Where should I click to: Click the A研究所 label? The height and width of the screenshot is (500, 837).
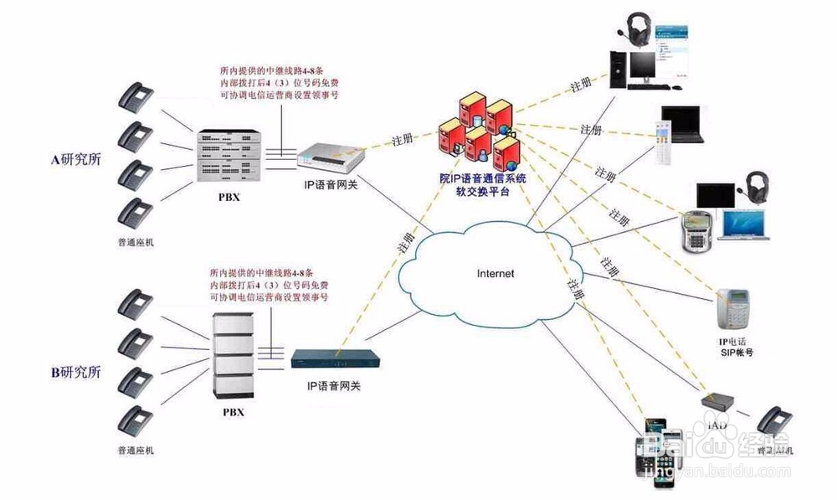[x=75, y=159]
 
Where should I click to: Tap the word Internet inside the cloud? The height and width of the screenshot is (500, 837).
[x=496, y=273]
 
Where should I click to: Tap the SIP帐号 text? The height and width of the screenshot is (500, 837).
[x=737, y=353]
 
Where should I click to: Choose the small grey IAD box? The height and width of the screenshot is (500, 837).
[x=716, y=401]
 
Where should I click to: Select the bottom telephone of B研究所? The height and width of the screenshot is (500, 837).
[x=135, y=420]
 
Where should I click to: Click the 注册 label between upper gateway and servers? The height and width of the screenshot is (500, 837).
[x=404, y=138]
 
